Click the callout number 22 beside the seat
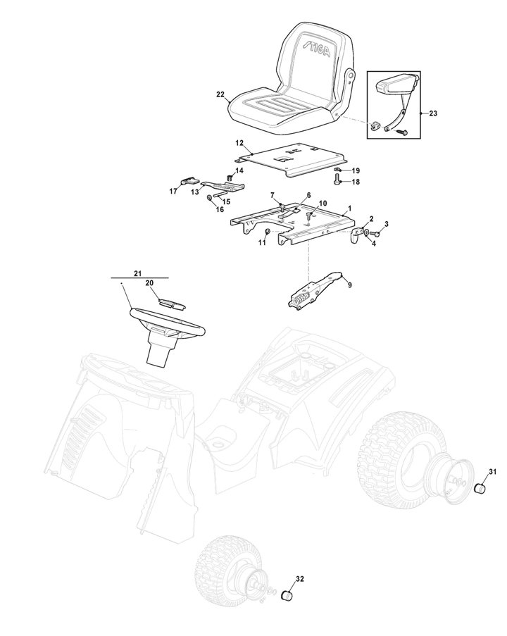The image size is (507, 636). coord(220,94)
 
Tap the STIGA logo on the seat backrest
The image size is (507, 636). coord(316,49)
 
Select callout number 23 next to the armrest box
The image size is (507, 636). coord(433,113)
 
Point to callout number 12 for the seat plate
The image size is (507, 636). coord(239,143)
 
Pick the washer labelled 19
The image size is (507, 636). coord(337,169)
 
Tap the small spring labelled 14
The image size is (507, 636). coord(229,177)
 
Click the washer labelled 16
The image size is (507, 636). coord(209,197)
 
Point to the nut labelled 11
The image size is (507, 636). coord(268,232)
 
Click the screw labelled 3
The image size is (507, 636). coord(375,233)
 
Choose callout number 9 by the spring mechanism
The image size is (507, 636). coord(350,285)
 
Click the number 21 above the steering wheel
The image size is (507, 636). coord(138,274)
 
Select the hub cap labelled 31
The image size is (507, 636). coord(481,487)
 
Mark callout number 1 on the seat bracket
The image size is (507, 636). coord(350,208)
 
